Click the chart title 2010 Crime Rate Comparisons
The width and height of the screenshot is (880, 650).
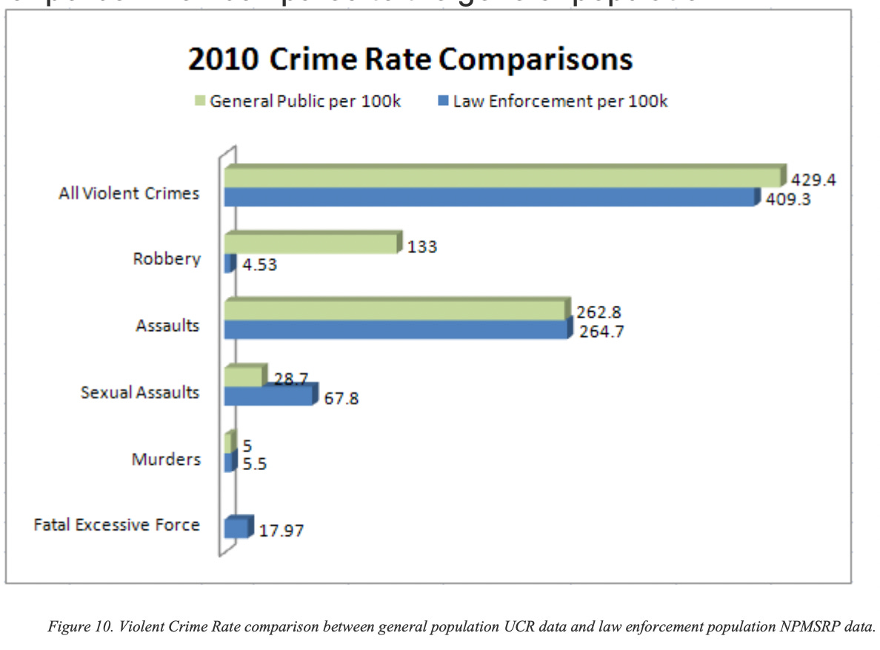coord(410,60)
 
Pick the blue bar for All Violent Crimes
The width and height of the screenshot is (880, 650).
coord(489,198)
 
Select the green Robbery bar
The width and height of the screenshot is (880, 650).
coord(311,244)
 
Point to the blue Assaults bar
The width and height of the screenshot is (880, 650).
coord(396,330)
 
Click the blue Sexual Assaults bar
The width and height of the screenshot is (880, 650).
coord(268,395)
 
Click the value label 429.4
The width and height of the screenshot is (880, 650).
coord(813,180)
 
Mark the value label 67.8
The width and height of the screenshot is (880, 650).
coord(341,398)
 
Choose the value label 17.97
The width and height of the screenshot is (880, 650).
coord(281,531)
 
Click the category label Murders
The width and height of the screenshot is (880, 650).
coord(166,459)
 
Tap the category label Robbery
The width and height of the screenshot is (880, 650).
coord(167,259)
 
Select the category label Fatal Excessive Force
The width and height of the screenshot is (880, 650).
coord(117,525)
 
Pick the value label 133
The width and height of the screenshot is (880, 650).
coord(422,247)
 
